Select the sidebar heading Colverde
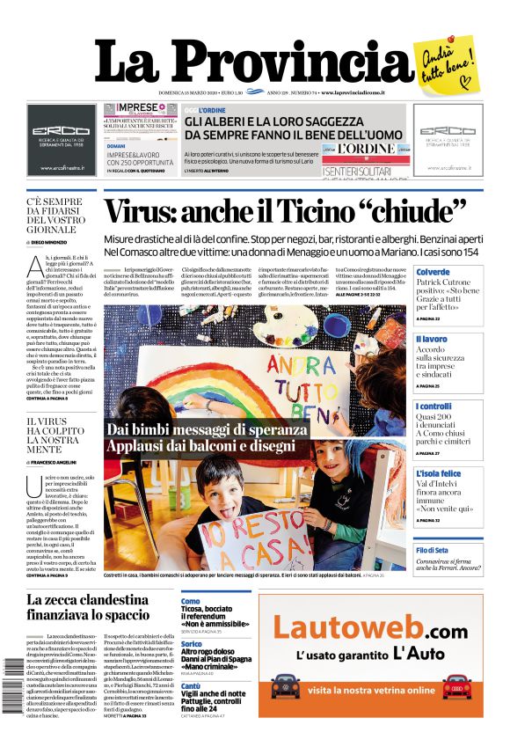(x=433, y=273)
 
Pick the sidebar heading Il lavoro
(x=432, y=339)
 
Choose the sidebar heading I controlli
(x=433, y=406)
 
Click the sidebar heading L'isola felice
(x=439, y=474)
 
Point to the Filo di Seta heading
(x=433, y=549)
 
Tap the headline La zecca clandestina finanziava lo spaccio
(x=88, y=607)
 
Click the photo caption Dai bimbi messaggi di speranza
(x=207, y=429)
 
